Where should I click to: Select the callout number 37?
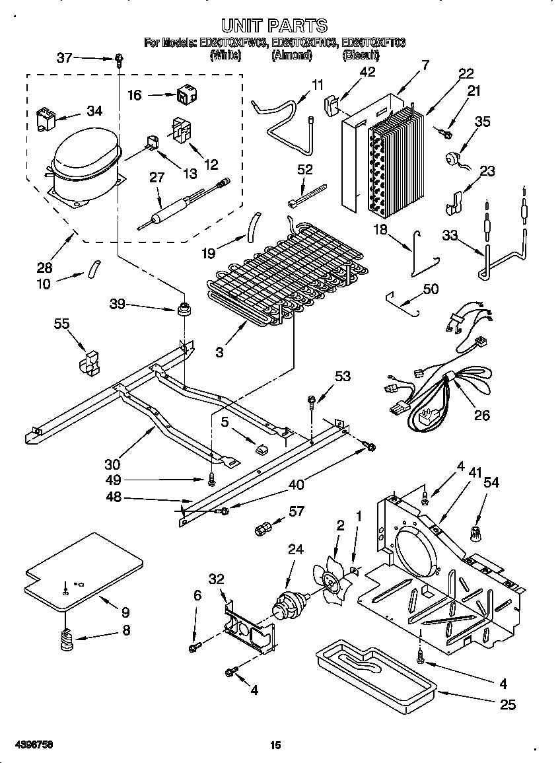click(65, 58)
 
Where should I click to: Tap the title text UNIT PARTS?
click(273, 25)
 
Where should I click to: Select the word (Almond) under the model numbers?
click(291, 56)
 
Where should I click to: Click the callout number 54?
click(491, 483)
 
